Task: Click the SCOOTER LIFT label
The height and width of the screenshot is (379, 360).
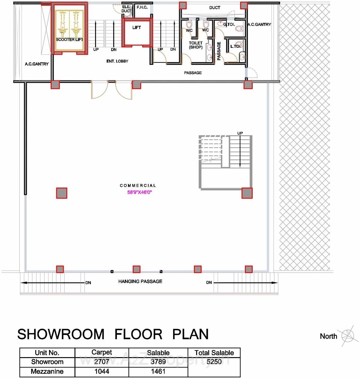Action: (69, 39)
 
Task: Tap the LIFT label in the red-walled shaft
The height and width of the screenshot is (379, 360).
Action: (137, 28)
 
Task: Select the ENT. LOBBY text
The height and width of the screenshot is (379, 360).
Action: (117, 61)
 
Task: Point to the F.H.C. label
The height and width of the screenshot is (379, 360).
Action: (142, 7)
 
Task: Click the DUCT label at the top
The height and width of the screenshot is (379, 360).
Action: (215, 8)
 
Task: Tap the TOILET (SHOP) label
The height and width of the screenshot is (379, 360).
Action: (196, 45)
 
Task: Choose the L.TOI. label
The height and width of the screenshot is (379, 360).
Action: (236, 46)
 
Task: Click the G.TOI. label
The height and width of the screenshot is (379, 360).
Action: (229, 24)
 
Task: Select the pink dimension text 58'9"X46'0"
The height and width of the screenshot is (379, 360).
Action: (140, 192)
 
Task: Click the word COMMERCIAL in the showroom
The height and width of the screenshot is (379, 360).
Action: (138, 185)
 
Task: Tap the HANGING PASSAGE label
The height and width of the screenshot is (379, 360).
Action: (140, 281)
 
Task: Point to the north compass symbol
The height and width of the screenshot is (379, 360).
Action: (348, 336)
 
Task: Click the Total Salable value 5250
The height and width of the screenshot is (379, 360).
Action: (214, 362)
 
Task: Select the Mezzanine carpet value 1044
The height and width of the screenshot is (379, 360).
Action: (102, 372)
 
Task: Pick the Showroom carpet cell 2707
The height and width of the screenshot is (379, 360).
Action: (102, 362)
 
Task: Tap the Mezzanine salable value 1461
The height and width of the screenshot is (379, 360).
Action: (158, 372)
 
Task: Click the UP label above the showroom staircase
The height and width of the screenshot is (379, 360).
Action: (240, 133)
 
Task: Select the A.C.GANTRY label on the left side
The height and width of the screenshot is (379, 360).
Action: (36, 64)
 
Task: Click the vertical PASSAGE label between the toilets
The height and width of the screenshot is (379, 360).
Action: (219, 51)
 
